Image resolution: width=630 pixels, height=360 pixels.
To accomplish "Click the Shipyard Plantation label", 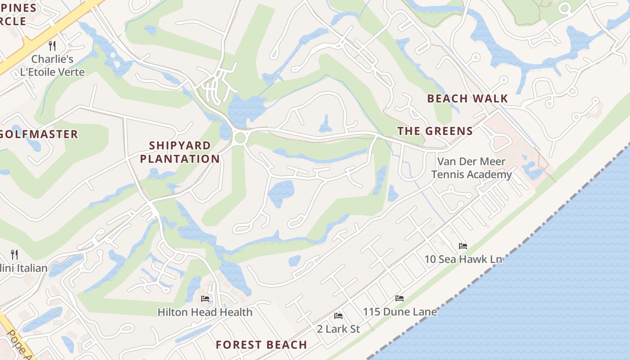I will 180,152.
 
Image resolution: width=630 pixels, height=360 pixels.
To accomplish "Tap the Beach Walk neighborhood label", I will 467,99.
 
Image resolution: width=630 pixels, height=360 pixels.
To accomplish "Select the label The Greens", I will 435,131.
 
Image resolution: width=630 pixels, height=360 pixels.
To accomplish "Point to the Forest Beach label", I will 261,345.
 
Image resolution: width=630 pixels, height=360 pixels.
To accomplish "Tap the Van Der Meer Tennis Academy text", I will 471,168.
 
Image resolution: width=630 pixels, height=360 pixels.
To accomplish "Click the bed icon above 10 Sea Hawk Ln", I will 463,246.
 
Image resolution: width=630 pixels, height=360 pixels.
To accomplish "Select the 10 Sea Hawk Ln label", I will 463,259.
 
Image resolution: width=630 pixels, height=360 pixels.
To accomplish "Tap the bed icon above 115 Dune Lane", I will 399,298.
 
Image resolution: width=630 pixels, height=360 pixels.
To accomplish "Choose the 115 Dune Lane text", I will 400,311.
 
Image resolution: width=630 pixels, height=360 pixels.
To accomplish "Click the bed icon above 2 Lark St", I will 338,315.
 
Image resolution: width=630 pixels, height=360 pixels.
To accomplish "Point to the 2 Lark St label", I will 338,329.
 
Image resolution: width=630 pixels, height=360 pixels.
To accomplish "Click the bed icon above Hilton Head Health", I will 205,298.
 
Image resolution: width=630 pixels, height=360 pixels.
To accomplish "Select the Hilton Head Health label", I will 205,312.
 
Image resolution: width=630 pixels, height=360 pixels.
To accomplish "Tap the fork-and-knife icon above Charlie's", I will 52,45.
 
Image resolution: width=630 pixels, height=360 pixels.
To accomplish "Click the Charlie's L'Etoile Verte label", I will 52,65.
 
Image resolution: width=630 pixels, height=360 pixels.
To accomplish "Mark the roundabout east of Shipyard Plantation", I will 240,137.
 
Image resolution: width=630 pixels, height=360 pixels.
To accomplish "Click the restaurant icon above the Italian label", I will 14,255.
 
